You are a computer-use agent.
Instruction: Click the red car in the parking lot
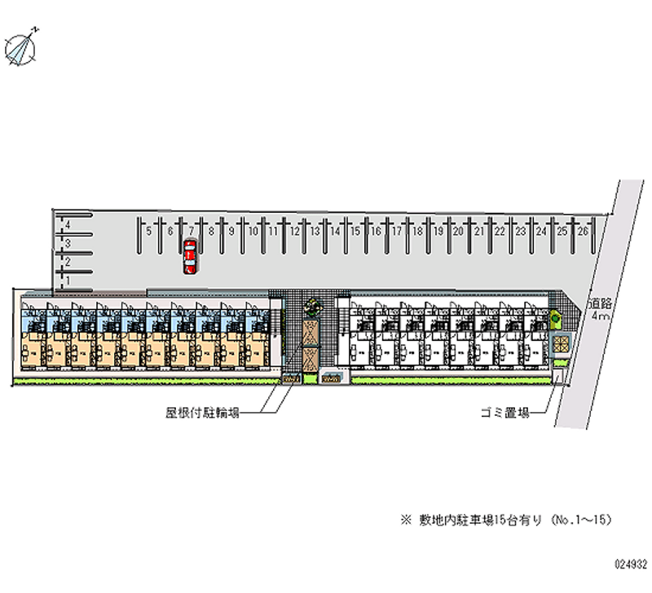coord(189,256)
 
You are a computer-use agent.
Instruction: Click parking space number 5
coord(149,232)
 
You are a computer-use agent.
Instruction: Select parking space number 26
coord(583,232)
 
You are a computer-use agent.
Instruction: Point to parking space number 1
coord(68,280)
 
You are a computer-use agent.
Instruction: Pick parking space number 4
coord(68,223)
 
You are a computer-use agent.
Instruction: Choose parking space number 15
coord(355,232)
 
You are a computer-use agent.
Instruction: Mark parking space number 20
coord(459,232)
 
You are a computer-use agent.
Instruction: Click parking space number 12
coord(293,232)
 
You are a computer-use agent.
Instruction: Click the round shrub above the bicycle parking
coord(311,307)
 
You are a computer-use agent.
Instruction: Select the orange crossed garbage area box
coord(558,343)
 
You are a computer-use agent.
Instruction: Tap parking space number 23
coord(521,232)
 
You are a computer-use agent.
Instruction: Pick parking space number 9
coord(231,232)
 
